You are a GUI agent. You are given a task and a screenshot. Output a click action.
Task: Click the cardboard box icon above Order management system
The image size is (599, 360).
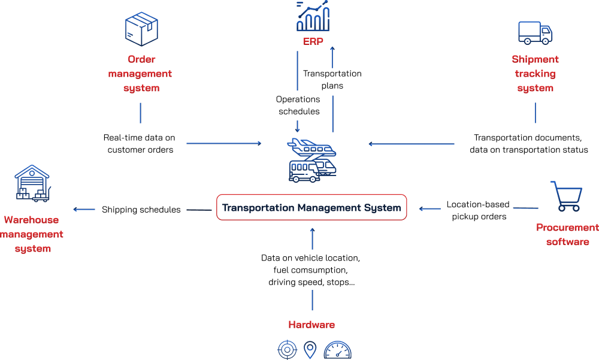click(x=141, y=29)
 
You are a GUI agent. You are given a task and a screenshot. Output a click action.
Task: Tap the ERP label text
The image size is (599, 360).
click(x=313, y=41)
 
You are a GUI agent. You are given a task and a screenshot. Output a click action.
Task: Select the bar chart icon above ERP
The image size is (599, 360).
click(x=313, y=16)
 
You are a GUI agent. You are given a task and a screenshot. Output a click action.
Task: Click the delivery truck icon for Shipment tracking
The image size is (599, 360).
click(x=535, y=32)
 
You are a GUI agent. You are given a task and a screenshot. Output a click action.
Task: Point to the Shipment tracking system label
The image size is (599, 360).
click(x=535, y=74)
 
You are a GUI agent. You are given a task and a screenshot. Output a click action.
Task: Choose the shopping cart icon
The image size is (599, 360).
click(x=566, y=196)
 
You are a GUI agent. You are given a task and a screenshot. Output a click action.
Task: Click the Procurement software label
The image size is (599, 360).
click(x=567, y=235)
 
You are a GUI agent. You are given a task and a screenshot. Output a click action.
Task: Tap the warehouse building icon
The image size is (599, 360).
click(x=32, y=183)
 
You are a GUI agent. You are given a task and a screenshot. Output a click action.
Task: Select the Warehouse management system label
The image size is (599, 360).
click(x=32, y=234)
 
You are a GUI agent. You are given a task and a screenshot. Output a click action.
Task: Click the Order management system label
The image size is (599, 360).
click(x=140, y=74)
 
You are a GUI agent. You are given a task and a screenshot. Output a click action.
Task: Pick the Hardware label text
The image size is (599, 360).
click(x=311, y=325)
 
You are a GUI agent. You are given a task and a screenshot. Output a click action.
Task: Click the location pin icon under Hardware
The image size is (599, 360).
click(x=310, y=349)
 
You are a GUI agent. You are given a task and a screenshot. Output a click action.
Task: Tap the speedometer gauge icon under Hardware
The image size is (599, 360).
click(x=337, y=350)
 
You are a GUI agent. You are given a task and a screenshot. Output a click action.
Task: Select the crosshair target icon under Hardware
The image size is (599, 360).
click(x=287, y=349)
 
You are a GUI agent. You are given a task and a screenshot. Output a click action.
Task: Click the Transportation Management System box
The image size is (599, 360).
click(x=311, y=207)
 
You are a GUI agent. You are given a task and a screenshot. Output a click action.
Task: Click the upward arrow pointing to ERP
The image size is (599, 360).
click(x=332, y=90)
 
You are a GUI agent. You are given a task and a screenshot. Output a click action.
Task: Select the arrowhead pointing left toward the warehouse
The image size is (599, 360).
click(x=76, y=210)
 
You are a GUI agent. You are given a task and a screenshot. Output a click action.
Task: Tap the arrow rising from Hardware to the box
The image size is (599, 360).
click(x=311, y=240)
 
